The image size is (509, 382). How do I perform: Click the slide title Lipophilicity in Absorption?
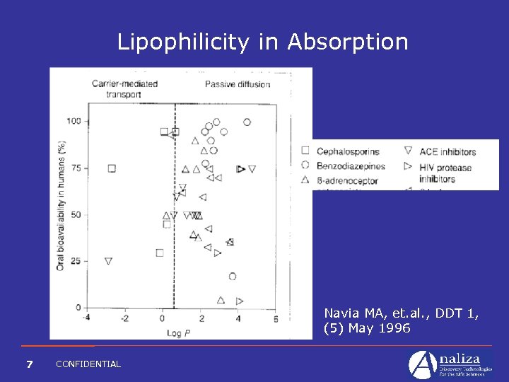click(x=262, y=42)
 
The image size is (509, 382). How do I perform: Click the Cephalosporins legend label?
click(x=348, y=151)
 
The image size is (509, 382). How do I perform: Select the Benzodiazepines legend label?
click(x=351, y=166)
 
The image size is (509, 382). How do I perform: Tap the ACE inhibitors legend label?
click(x=447, y=151)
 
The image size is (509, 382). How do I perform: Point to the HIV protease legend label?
click(x=445, y=168)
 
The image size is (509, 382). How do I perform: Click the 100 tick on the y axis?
click(x=74, y=122)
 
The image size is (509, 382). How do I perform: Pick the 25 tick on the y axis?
click(x=76, y=261)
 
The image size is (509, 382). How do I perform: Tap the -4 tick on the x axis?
click(x=86, y=318)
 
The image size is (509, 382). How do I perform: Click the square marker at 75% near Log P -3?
click(x=112, y=168)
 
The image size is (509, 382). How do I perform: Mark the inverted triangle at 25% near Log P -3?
click(x=108, y=261)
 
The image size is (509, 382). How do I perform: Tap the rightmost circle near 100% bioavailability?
click(x=247, y=122)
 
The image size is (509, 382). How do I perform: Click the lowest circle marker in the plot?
click(x=232, y=277)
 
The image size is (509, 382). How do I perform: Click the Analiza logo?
click(x=450, y=364)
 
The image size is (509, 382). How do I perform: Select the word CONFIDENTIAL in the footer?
click(x=88, y=364)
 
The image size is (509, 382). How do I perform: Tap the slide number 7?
click(x=29, y=364)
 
